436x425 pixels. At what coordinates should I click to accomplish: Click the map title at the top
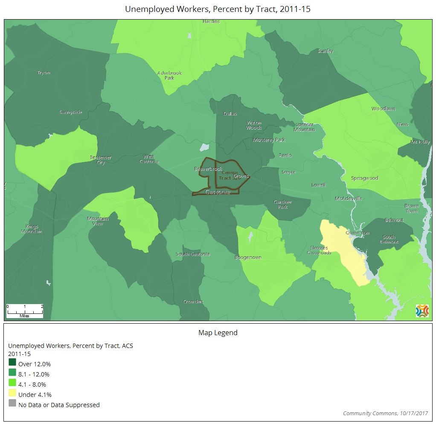[x=218, y=9]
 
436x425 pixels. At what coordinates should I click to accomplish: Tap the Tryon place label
[x=44, y=73]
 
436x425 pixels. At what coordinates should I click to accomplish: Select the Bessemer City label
[x=101, y=160]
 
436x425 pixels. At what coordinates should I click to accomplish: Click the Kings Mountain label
[x=32, y=229]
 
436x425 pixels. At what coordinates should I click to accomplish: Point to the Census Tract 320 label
[x=230, y=175]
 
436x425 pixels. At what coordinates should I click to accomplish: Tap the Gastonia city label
[x=218, y=192]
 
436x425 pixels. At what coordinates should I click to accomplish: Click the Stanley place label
[x=326, y=51]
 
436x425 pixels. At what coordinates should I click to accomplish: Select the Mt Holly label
[x=420, y=142]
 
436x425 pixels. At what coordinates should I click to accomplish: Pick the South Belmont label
[x=389, y=239]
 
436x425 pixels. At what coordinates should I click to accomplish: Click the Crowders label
[x=193, y=302]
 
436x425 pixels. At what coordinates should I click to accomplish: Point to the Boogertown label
[x=248, y=258]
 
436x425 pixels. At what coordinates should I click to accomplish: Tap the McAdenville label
[x=349, y=198]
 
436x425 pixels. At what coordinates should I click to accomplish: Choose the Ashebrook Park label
[x=169, y=75]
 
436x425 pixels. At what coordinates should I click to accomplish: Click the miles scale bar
[x=25, y=311]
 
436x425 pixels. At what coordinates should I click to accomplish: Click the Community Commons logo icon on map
[x=422, y=311]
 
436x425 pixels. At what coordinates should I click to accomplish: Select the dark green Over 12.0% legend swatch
[x=12, y=362]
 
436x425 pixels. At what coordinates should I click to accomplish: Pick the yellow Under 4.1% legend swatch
[x=12, y=393]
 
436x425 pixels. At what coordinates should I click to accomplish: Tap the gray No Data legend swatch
[x=12, y=403]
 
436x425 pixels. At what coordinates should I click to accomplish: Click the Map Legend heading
[x=218, y=333]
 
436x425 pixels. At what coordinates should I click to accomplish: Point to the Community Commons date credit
[x=385, y=414]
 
